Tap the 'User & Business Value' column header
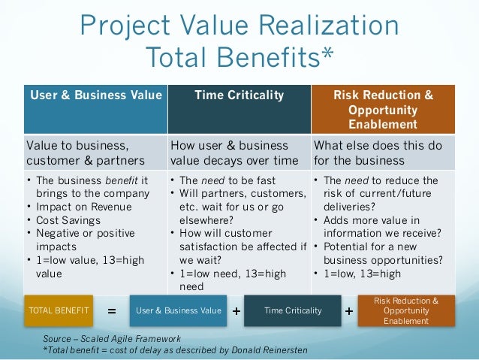point(95,95)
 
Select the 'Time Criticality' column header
point(239,95)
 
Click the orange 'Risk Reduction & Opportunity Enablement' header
point(383,110)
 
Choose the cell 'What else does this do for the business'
point(378,153)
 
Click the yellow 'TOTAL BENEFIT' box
point(58,310)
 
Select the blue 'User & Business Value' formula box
point(179,310)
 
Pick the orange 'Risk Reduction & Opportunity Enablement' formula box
point(406,310)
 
